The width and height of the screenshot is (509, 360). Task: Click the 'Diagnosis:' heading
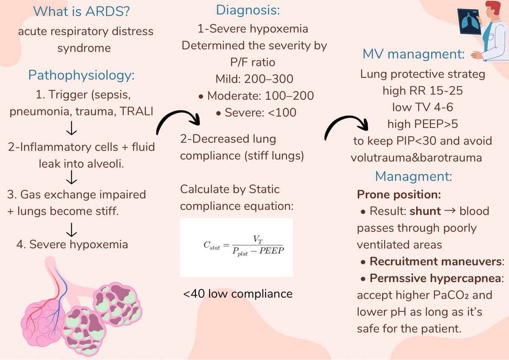tap(248, 10)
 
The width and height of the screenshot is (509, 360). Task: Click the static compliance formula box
tap(236, 247)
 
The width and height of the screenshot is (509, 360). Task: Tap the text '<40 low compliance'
tap(238, 293)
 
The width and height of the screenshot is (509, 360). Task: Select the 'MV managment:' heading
tap(414, 54)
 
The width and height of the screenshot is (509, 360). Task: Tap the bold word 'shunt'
tap(428, 211)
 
